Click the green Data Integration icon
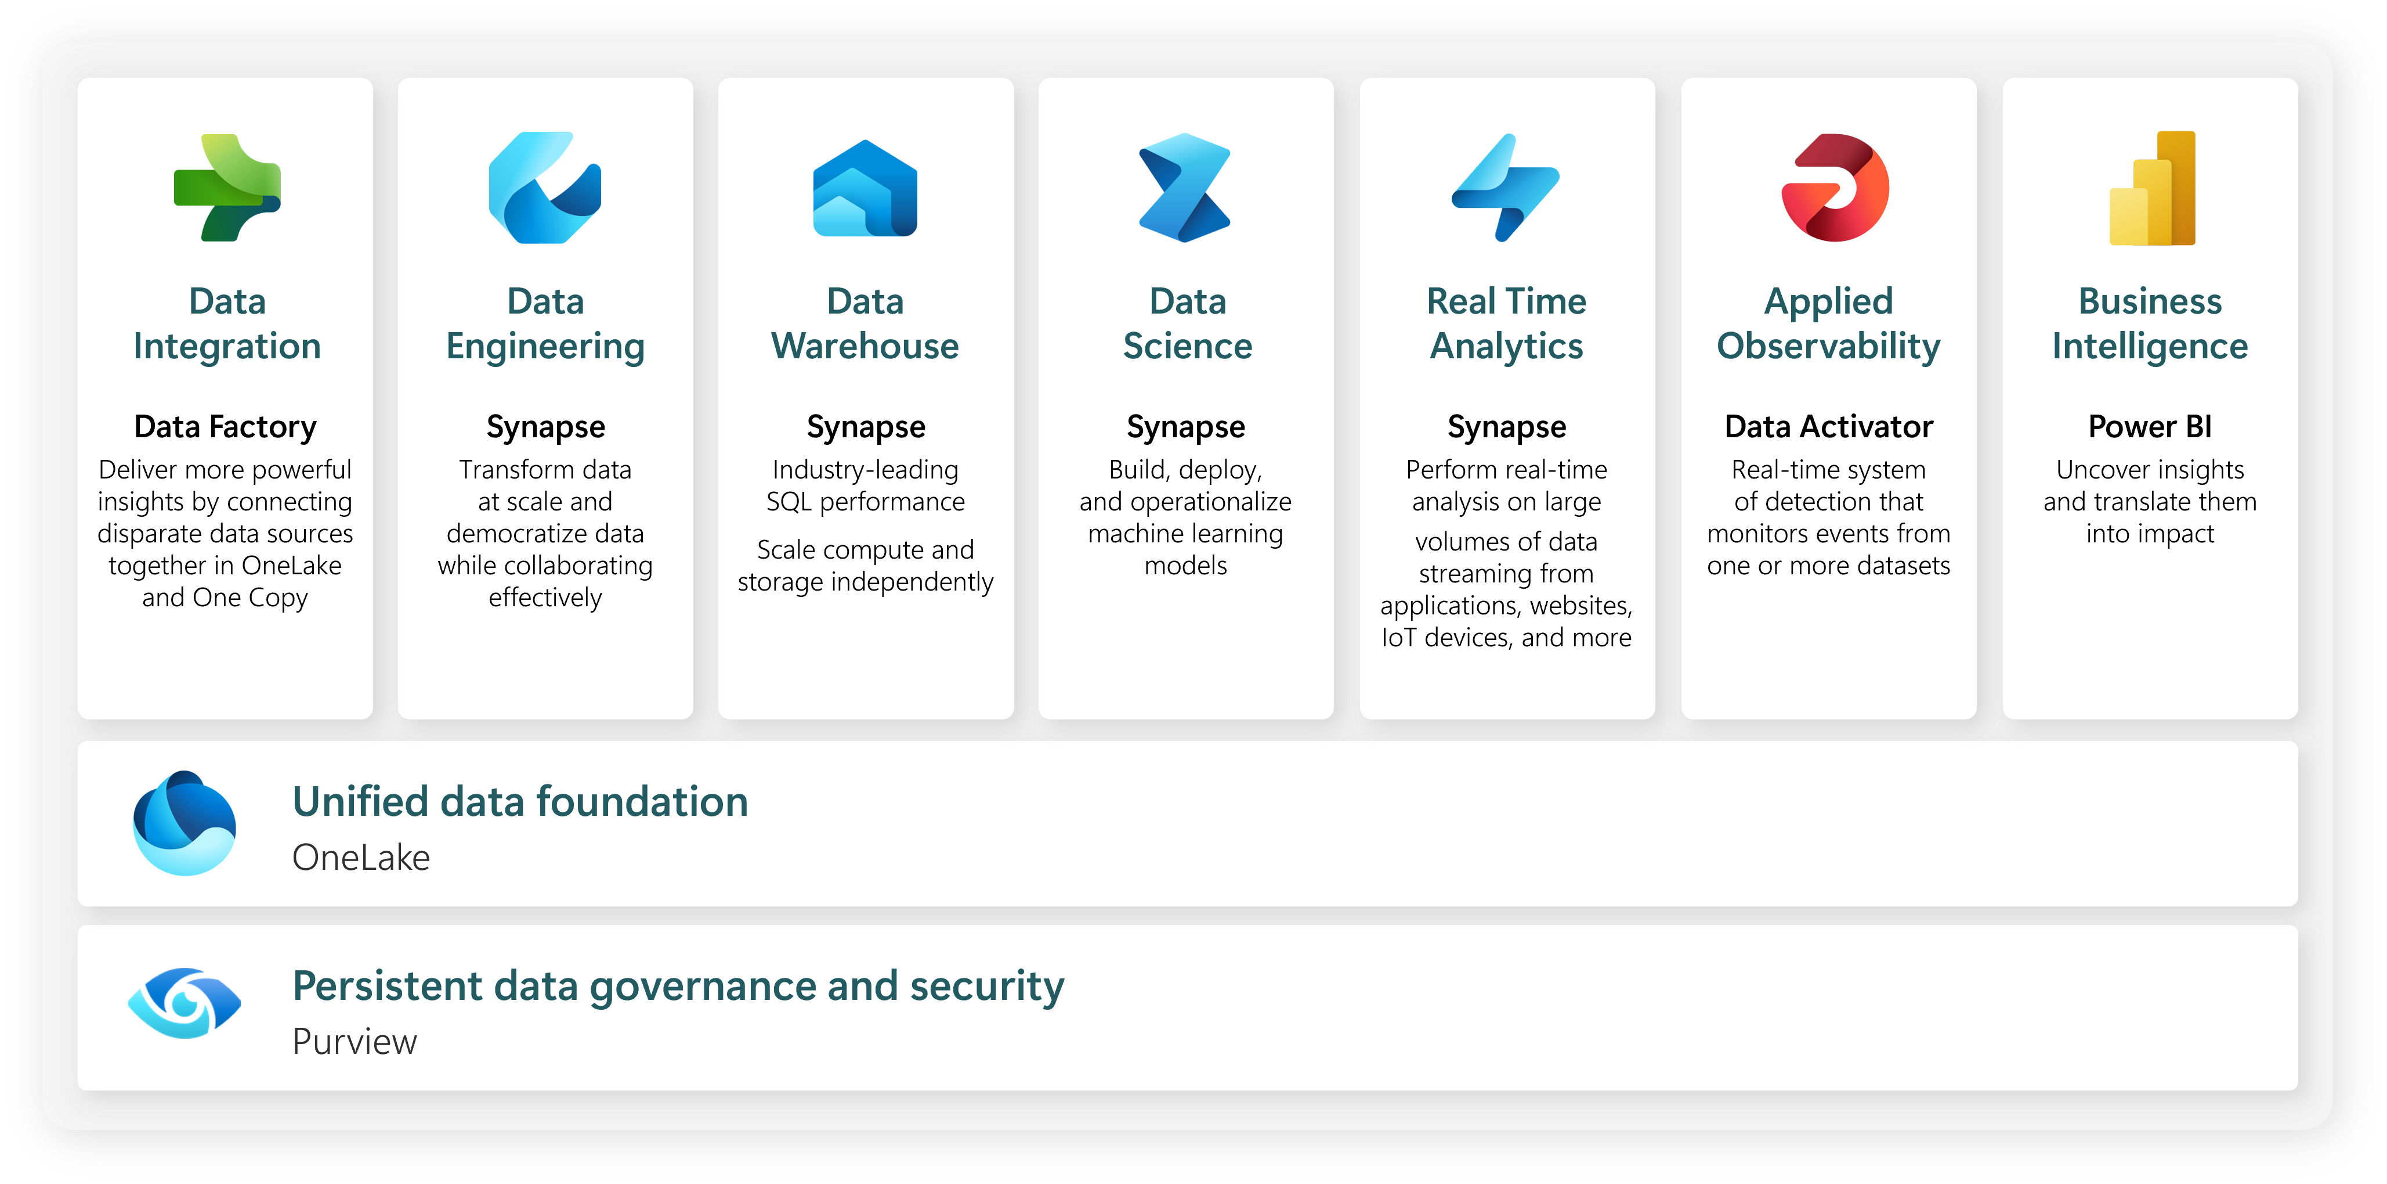227,188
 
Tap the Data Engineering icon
545,188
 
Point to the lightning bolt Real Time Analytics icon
1506,188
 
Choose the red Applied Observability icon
1835,188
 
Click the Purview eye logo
185,1003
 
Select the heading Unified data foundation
520,802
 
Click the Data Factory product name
225,426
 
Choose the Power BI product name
2150,426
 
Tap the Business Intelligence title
2150,323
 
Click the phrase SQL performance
866,502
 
